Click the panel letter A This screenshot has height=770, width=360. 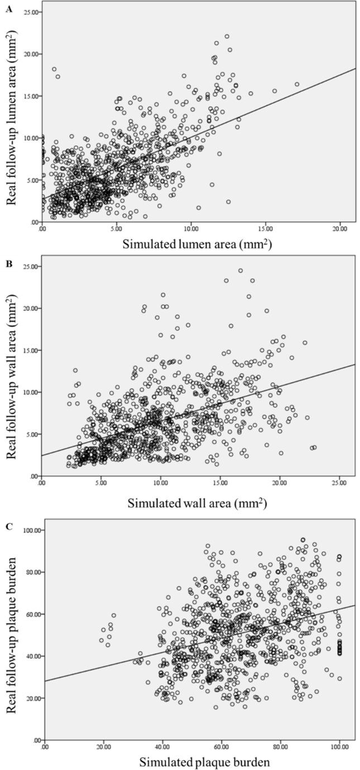click(8, 7)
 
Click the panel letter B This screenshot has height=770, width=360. click(8, 261)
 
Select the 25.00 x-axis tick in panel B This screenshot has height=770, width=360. click(339, 482)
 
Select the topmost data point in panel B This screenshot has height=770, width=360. click(241, 270)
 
